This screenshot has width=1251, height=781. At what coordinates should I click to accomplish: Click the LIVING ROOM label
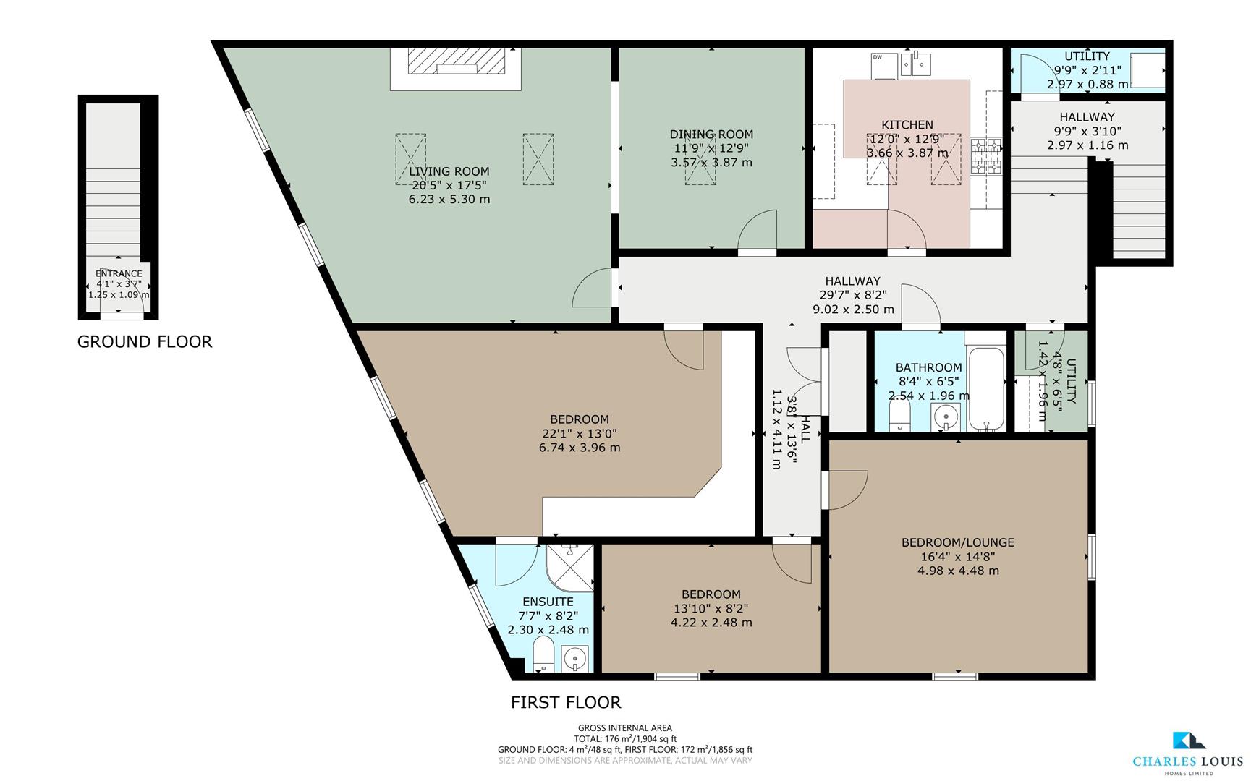click(449, 171)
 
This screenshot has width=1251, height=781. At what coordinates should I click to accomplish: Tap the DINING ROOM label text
click(711, 135)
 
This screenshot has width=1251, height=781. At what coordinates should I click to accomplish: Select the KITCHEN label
click(907, 125)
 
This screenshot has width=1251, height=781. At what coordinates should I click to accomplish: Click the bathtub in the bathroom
click(986, 388)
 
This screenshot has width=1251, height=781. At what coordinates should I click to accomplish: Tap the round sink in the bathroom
click(945, 417)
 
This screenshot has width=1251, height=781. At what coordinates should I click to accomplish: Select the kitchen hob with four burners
click(987, 156)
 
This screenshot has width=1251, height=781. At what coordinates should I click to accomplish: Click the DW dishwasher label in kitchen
click(878, 57)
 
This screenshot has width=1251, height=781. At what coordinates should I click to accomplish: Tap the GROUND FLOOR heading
click(145, 342)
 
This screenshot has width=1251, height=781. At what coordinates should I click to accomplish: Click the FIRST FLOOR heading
click(566, 702)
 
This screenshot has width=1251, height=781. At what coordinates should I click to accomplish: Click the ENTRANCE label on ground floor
click(119, 274)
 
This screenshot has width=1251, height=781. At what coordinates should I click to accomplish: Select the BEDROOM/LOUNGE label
click(958, 542)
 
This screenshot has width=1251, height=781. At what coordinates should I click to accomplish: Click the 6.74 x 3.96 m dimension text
click(580, 448)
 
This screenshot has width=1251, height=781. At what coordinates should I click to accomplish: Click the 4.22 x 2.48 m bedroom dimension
click(711, 623)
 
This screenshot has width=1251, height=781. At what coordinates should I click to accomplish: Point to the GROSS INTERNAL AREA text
click(625, 728)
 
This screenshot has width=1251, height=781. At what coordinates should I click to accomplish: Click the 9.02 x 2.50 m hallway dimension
click(853, 310)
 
